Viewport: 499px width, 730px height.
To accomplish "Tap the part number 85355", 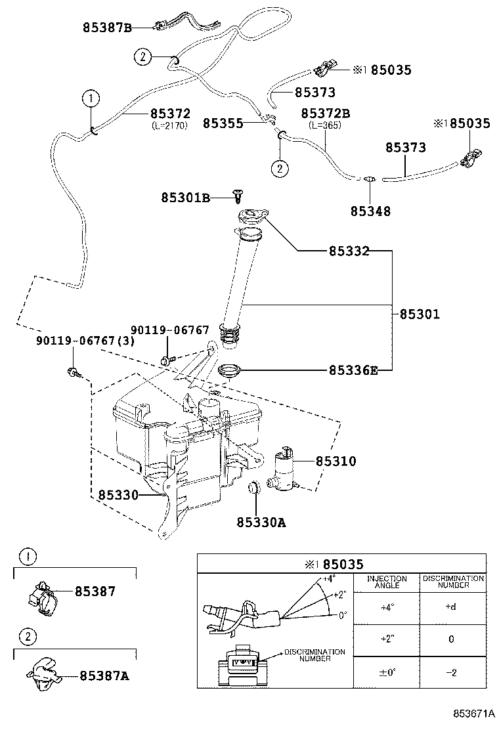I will (x=223, y=123).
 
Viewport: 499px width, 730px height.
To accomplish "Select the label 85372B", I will (x=326, y=114).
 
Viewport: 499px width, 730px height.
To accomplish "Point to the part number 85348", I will (x=370, y=211).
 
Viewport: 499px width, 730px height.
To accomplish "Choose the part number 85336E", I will (x=353, y=370).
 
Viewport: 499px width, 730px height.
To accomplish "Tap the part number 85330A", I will (x=261, y=523).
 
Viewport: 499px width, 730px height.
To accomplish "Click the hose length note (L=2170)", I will (x=169, y=125).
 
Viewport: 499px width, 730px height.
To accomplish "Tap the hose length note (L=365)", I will (x=326, y=125).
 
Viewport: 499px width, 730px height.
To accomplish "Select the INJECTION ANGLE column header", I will (x=387, y=582).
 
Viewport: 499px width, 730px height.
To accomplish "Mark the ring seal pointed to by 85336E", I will (x=230, y=372).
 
